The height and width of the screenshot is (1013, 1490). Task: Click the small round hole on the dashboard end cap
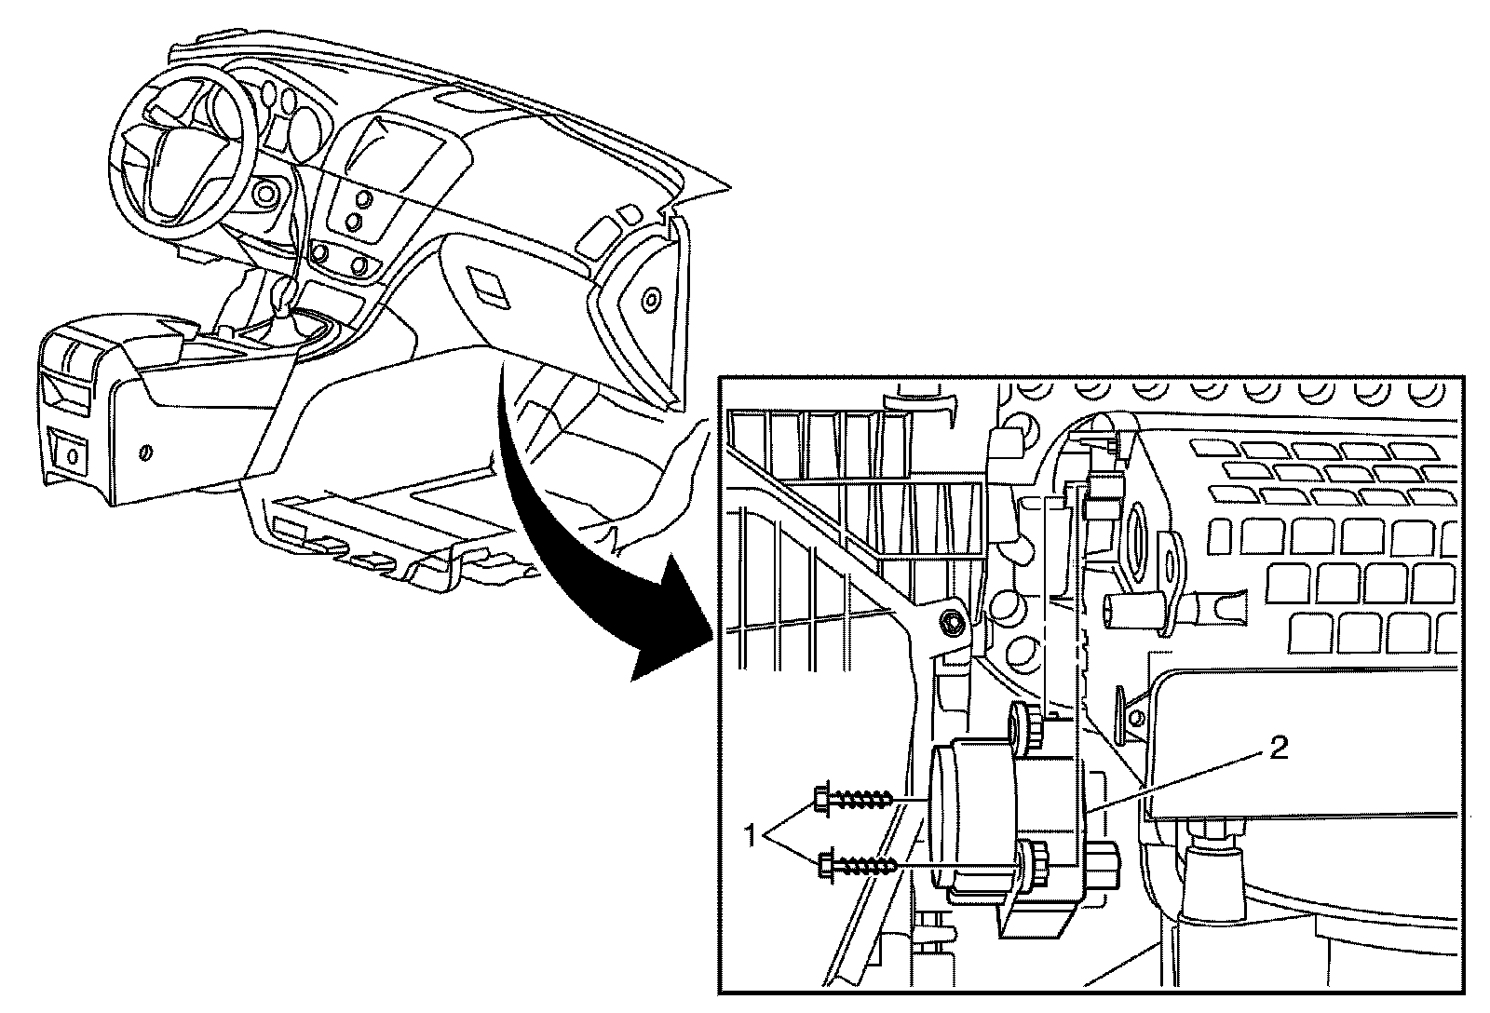pyautogui.click(x=650, y=300)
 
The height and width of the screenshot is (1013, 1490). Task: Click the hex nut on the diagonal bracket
pyautogui.click(x=953, y=622)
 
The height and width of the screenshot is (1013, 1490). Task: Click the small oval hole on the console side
pyautogui.click(x=144, y=452)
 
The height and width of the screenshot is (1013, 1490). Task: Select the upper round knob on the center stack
pyautogui.click(x=363, y=198)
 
